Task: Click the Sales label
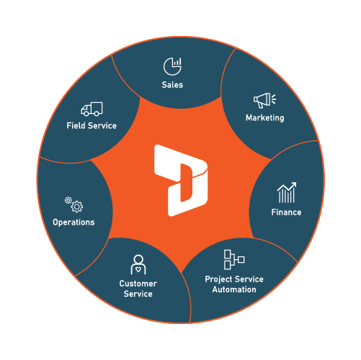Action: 172,85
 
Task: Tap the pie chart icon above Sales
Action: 172,66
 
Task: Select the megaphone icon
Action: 264,100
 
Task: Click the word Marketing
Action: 265,118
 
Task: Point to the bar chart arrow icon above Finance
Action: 287,192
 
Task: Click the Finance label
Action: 286,212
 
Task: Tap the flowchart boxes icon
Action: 234,259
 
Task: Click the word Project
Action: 219,279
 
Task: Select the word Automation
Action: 234,289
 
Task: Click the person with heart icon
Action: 138,264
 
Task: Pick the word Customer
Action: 138,284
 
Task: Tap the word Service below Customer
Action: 138,294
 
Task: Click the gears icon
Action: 73,204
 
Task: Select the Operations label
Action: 73,222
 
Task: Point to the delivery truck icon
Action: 92,109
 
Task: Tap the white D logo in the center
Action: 181,181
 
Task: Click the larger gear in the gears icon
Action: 77,207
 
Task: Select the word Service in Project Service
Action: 249,279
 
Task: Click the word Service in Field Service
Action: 102,125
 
